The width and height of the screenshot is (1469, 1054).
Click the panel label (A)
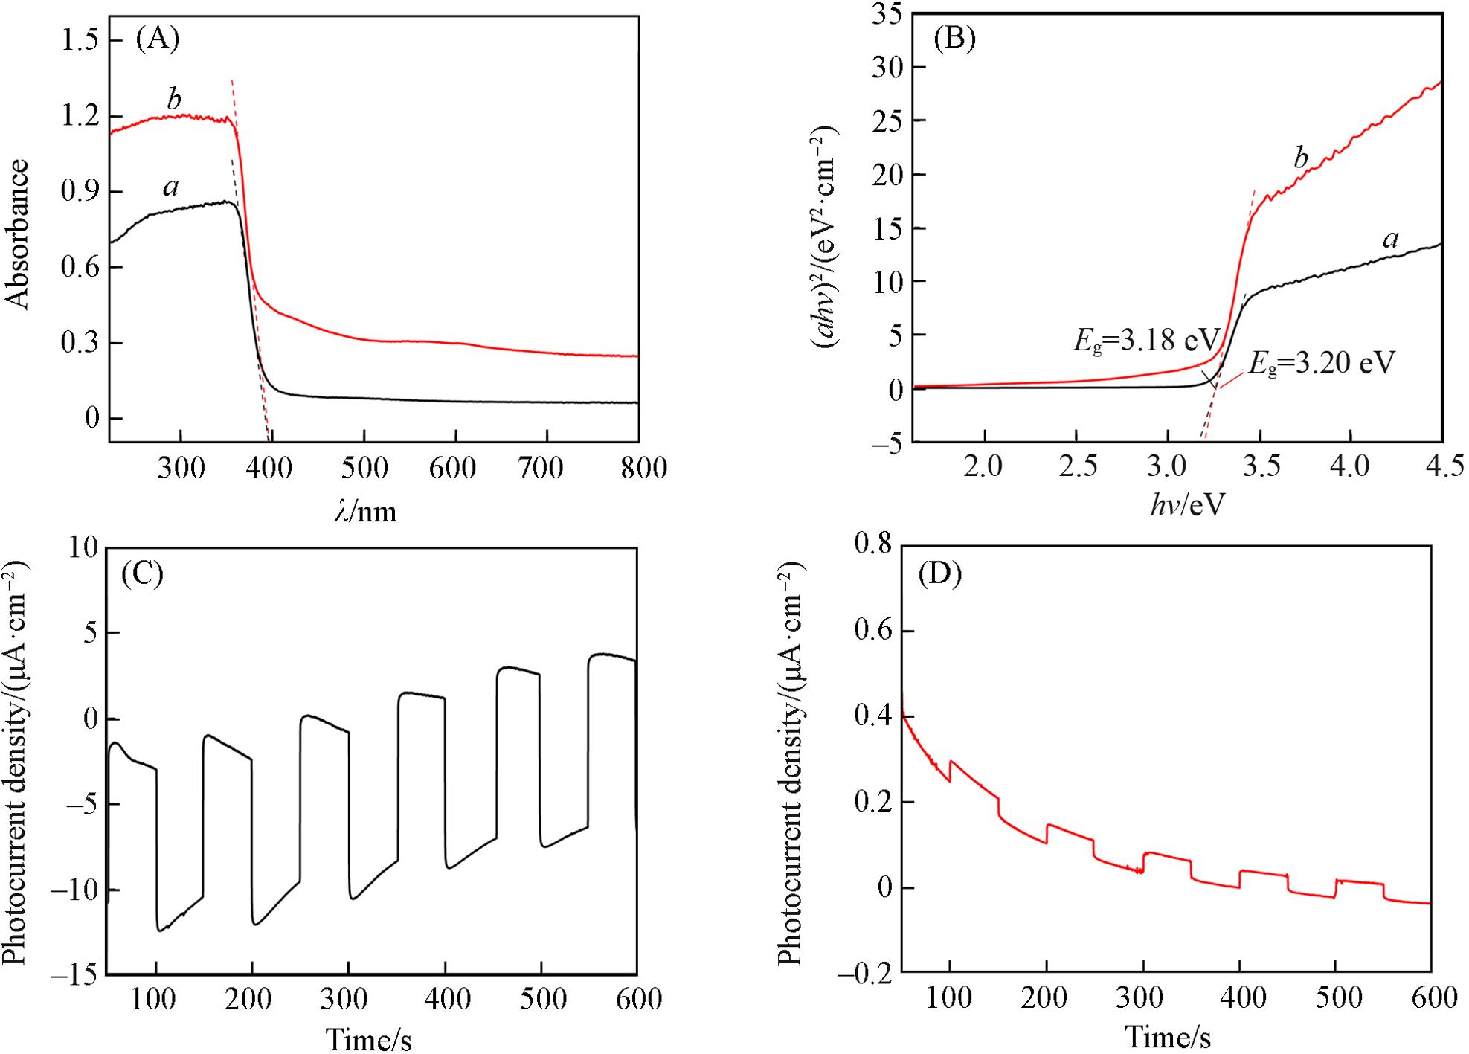158,38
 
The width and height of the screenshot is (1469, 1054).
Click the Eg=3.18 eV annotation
1146,340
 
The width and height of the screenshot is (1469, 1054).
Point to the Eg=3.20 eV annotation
1320,364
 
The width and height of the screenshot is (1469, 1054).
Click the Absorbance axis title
18,234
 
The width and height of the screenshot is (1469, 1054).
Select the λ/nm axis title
365,512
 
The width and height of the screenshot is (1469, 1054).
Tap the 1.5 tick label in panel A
82,41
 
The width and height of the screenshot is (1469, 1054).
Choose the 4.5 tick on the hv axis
1441,466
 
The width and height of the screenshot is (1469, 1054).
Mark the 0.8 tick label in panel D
872,544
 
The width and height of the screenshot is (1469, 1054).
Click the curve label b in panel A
174,99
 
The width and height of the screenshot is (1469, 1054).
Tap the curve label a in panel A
171,187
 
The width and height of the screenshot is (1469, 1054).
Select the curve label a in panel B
1389,239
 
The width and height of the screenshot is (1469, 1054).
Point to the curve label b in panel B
1300,158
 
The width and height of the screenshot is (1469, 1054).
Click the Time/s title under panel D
1167,1036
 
